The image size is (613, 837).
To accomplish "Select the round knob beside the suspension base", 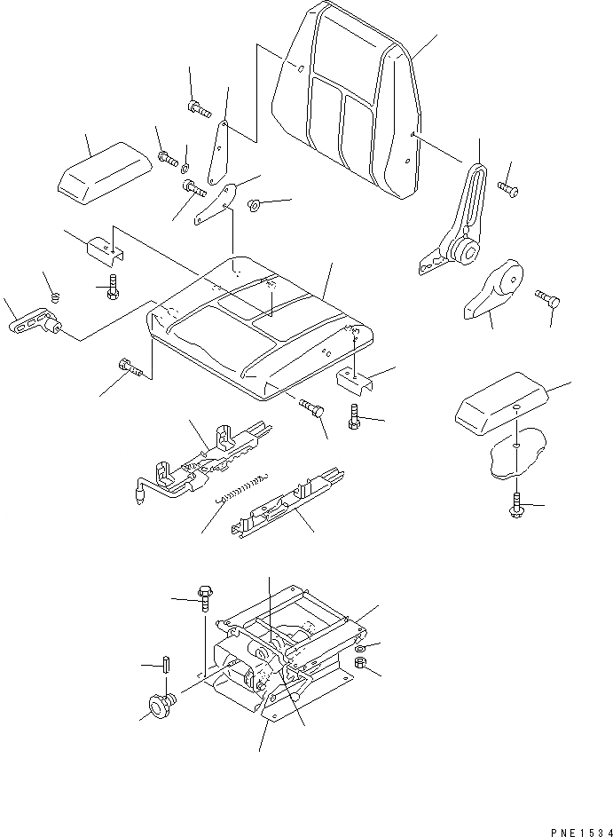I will coord(159,706).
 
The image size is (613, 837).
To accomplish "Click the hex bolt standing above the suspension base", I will coord(204,600).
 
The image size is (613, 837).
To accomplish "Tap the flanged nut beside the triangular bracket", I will coord(253,206).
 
